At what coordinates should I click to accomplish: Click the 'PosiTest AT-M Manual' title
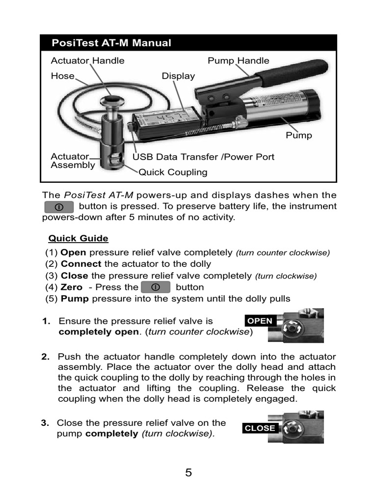tap(111, 43)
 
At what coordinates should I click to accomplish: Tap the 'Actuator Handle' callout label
tap(87, 61)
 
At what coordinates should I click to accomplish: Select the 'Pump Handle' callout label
tap(238, 61)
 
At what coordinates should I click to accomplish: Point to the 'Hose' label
tap(62, 76)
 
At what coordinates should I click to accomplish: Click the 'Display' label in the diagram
tap(178, 76)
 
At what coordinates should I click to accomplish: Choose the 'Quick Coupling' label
tap(173, 172)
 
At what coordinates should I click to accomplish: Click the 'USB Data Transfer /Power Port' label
tap(203, 157)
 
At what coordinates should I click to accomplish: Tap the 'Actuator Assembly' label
tap(73, 161)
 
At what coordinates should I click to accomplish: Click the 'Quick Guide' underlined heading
tap(78, 239)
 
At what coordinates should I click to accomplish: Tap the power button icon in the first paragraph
tap(58, 206)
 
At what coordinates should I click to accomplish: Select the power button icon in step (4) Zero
tap(155, 287)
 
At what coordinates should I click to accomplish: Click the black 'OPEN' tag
tap(260, 321)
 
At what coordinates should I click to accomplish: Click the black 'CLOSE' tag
tap(260, 428)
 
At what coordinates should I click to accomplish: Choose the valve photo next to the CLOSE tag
tap(296, 428)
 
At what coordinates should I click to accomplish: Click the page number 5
tap(188, 473)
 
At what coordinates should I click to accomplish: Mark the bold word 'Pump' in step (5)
tap(75, 299)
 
